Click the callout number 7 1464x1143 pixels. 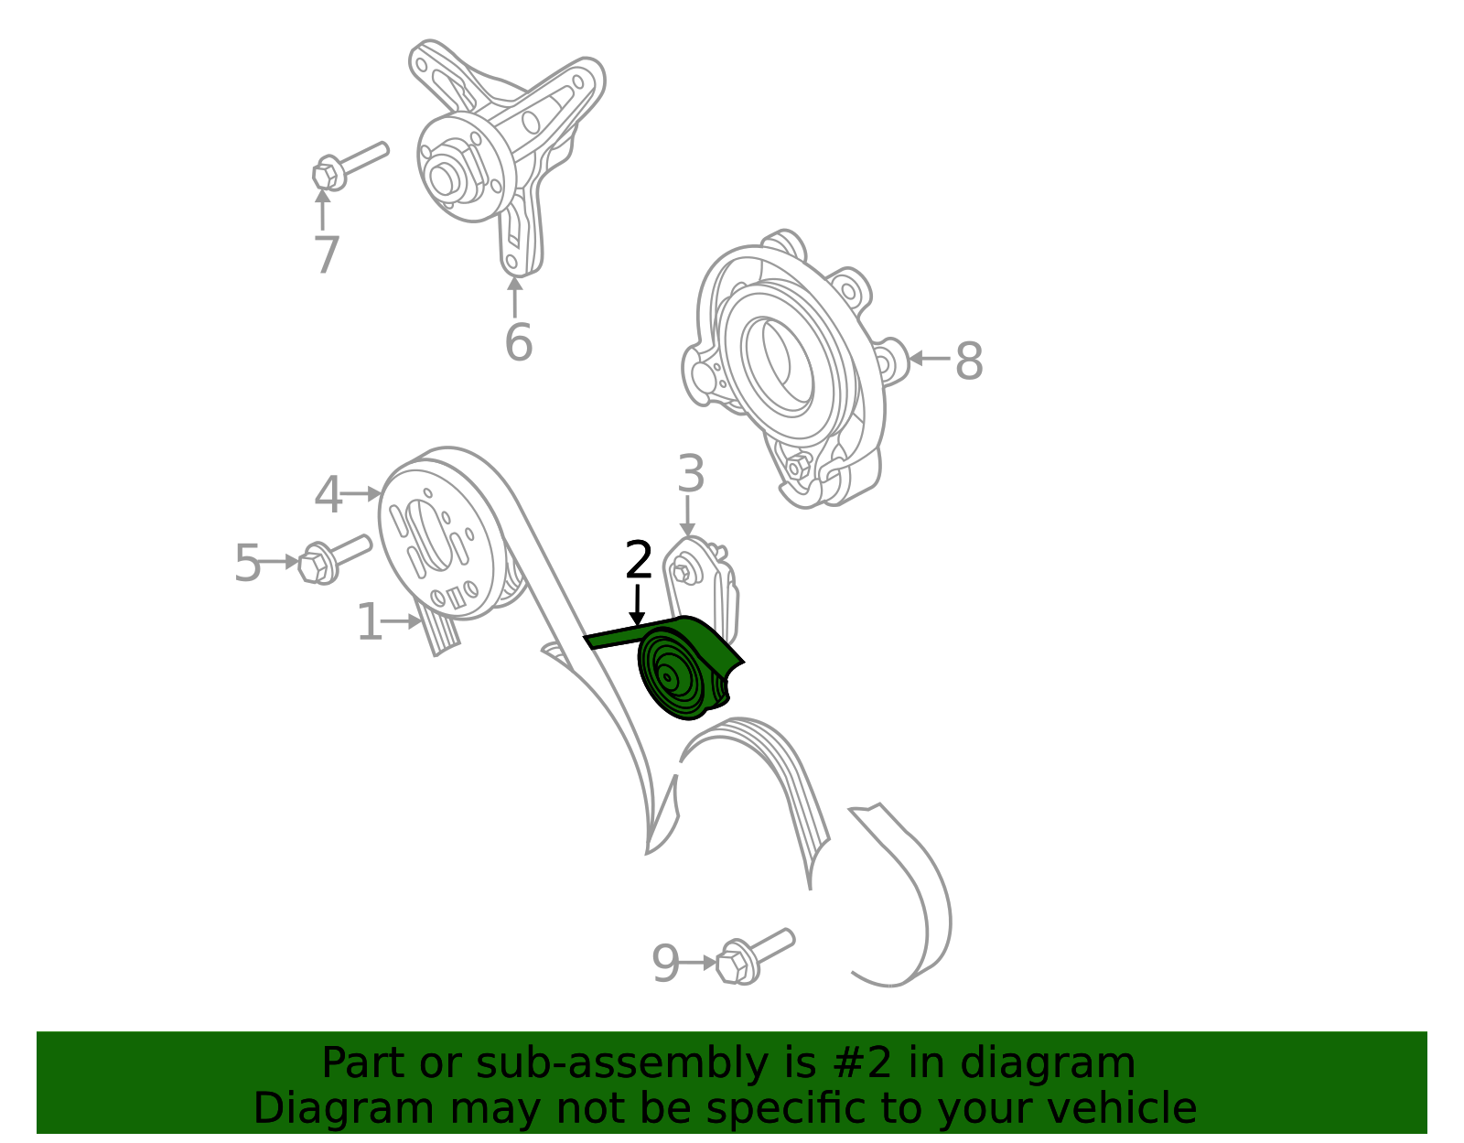[326, 254]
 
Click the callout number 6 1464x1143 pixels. [518, 342]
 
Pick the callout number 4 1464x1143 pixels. [328, 494]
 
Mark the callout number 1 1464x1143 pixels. [369, 621]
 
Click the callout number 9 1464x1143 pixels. [665, 963]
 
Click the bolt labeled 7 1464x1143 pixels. [348, 165]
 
